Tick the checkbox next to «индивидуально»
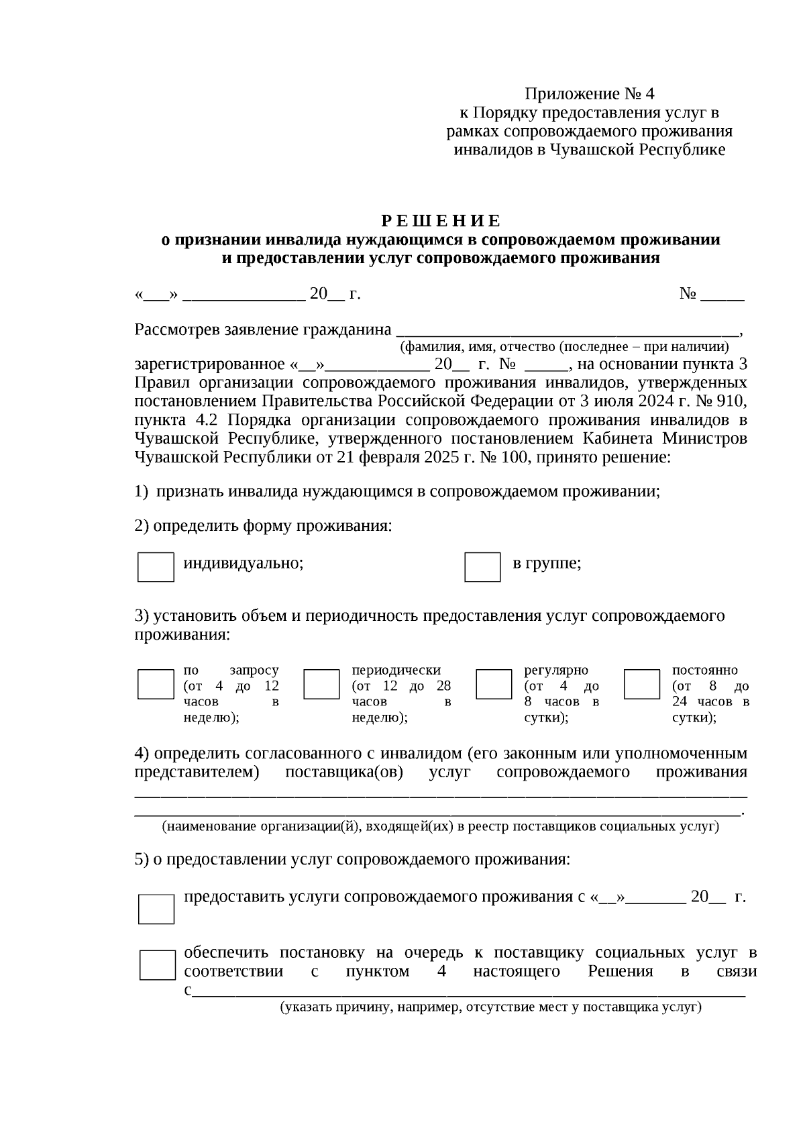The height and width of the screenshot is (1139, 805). [x=156, y=567]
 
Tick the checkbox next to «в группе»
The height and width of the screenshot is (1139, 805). [x=482, y=567]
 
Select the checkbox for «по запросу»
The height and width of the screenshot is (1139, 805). [x=156, y=684]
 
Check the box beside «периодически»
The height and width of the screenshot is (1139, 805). [x=321, y=684]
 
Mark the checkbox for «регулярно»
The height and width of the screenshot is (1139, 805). [x=494, y=684]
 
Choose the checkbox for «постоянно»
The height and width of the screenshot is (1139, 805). [x=642, y=684]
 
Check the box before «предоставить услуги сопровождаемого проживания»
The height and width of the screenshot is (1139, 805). [x=156, y=909]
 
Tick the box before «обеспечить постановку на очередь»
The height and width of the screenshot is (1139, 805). [x=158, y=964]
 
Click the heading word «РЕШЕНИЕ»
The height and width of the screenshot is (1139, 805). [x=441, y=221]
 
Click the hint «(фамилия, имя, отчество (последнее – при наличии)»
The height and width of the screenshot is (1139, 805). [x=564, y=347]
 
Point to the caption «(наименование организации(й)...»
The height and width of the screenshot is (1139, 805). [x=440, y=826]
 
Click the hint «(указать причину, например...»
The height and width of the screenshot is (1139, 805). [x=491, y=1007]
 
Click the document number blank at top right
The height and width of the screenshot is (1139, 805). [x=722, y=295]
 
